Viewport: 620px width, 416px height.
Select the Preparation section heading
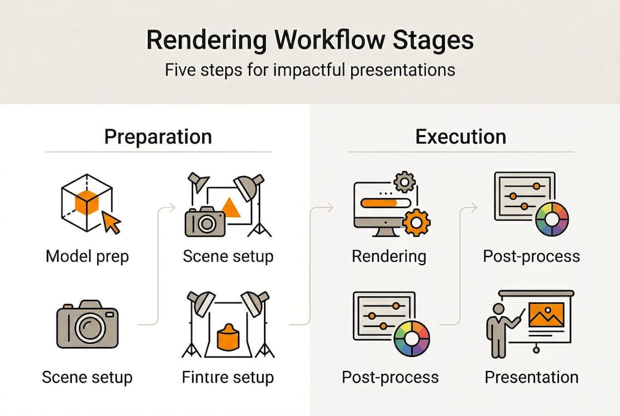point(158,137)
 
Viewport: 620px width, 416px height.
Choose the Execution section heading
point(461,137)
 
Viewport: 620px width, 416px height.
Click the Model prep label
point(87,256)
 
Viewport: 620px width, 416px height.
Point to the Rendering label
point(389,256)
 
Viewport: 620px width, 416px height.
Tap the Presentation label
point(532,377)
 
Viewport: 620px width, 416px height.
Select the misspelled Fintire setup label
point(228,378)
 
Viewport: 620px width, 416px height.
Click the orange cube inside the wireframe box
point(87,203)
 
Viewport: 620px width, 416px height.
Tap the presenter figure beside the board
point(498,329)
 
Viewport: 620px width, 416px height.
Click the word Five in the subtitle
point(181,70)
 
